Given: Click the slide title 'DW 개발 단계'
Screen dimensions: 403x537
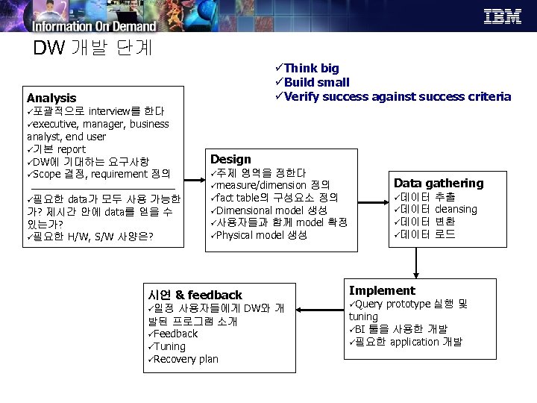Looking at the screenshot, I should click(93, 48).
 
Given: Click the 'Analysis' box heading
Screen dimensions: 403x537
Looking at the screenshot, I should click(51, 98).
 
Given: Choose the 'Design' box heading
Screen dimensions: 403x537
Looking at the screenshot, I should click(230, 159).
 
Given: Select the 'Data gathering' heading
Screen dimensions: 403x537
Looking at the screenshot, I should click(439, 183).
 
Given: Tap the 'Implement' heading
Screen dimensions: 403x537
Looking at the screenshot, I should click(382, 290).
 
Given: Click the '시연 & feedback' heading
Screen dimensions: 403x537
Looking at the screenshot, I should click(195, 295).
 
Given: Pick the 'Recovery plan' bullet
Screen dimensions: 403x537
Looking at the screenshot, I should click(183, 359).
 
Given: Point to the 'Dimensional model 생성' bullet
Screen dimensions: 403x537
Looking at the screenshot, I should click(269, 210).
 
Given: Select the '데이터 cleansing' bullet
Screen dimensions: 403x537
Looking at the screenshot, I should click(436, 209).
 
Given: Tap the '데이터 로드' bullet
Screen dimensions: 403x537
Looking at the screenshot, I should click(424, 234).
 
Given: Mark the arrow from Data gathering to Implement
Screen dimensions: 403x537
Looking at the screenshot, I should click(416, 261).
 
